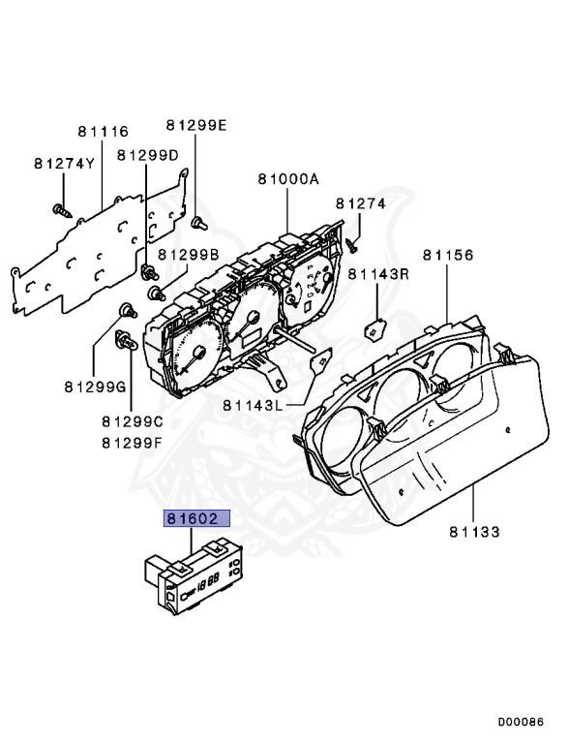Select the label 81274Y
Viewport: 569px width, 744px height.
[x=64, y=163]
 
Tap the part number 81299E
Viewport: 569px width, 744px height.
[x=195, y=125]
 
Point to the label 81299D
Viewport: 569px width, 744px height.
[x=148, y=155]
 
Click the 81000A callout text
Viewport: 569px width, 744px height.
[x=287, y=179]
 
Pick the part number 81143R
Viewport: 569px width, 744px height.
[x=379, y=274]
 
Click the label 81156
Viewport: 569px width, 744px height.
[x=447, y=255]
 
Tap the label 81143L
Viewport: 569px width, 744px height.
[x=253, y=405]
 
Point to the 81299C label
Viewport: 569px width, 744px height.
[x=132, y=422]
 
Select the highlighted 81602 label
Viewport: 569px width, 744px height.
[x=197, y=519]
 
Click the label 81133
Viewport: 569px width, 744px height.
[x=474, y=532]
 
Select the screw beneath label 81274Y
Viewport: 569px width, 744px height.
[x=60, y=207]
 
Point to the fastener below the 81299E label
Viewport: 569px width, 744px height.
[x=197, y=223]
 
